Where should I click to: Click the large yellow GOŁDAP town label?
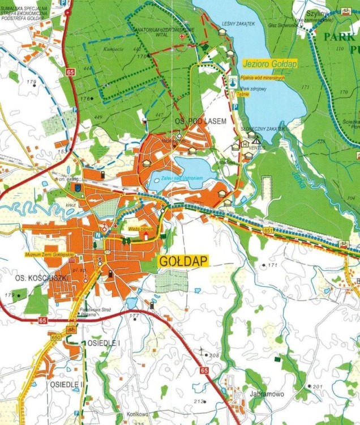[x=183, y=261]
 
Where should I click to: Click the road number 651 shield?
[x=268, y=231]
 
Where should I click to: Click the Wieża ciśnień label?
[x=142, y=228]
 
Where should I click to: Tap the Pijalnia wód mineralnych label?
[x=262, y=78]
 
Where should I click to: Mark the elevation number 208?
[x=214, y=355]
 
